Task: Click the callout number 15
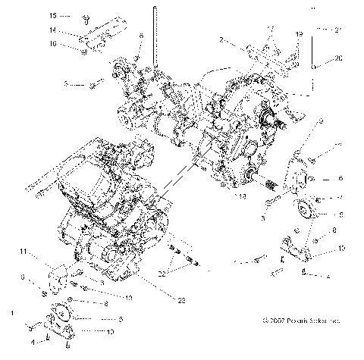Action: [54, 15]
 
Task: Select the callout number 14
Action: [54, 30]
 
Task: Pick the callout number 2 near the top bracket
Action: [221, 39]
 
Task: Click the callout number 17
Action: [269, 29]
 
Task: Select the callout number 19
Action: [298, 35]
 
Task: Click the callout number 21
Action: [339, 29]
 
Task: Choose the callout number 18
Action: [241, 196]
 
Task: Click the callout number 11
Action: [24, 251]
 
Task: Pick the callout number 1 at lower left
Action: [11, 312]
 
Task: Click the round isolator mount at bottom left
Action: [59, 319]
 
